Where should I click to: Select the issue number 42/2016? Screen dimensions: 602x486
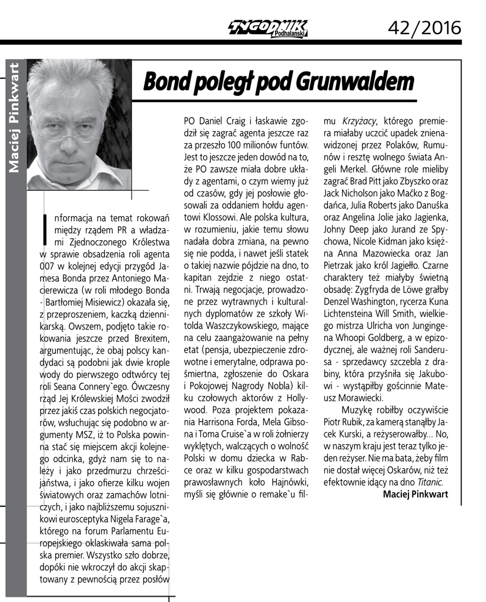click(x=425, y=27)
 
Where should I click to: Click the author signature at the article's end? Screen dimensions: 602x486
click(x=415, y=495)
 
